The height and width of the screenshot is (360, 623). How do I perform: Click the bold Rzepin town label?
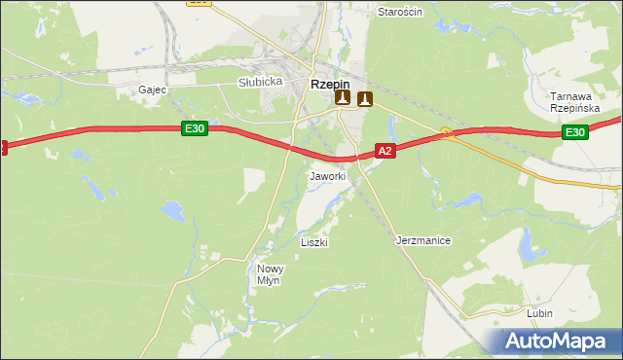click(x=330, y=84)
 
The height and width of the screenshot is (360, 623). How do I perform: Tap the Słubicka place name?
click(x=260, y=82)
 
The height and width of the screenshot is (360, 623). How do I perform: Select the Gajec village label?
click(x=153, y=89)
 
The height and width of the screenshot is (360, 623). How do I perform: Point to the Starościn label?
click(x=400, y=12)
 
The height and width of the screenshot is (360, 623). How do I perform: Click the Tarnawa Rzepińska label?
click(x=572, y=102)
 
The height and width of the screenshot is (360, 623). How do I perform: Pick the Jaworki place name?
click(x=327, y=176)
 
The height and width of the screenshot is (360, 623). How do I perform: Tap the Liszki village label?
click(x=314, y=241)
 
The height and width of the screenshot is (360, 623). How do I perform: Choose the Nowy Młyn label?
click(x=269, y=273)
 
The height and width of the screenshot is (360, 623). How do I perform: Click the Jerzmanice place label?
click(x=423, y=239)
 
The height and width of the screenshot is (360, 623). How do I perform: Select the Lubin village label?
click(x=539, y=313)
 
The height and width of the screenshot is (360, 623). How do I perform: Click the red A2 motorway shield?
click(x=385, y=151)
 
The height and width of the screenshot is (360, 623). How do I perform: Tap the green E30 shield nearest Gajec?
click(x=194, y=127)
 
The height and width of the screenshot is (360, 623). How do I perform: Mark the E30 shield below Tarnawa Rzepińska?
click(x=575, y=132)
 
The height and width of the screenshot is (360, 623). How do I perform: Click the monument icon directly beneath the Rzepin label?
click(x=342, y=98)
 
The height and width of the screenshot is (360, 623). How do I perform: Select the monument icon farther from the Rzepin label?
click(x=365, y=98)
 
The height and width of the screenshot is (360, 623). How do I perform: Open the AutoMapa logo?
click(x=561, y=342)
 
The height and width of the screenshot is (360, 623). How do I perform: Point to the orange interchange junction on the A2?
click(x=447, y=132)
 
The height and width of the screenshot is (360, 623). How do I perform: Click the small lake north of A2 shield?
click(x=392, y=126)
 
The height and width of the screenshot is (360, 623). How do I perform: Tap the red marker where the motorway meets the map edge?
click(x=3, y=147)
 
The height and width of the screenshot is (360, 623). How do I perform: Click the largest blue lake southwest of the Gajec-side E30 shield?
click(x=171, y=210)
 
